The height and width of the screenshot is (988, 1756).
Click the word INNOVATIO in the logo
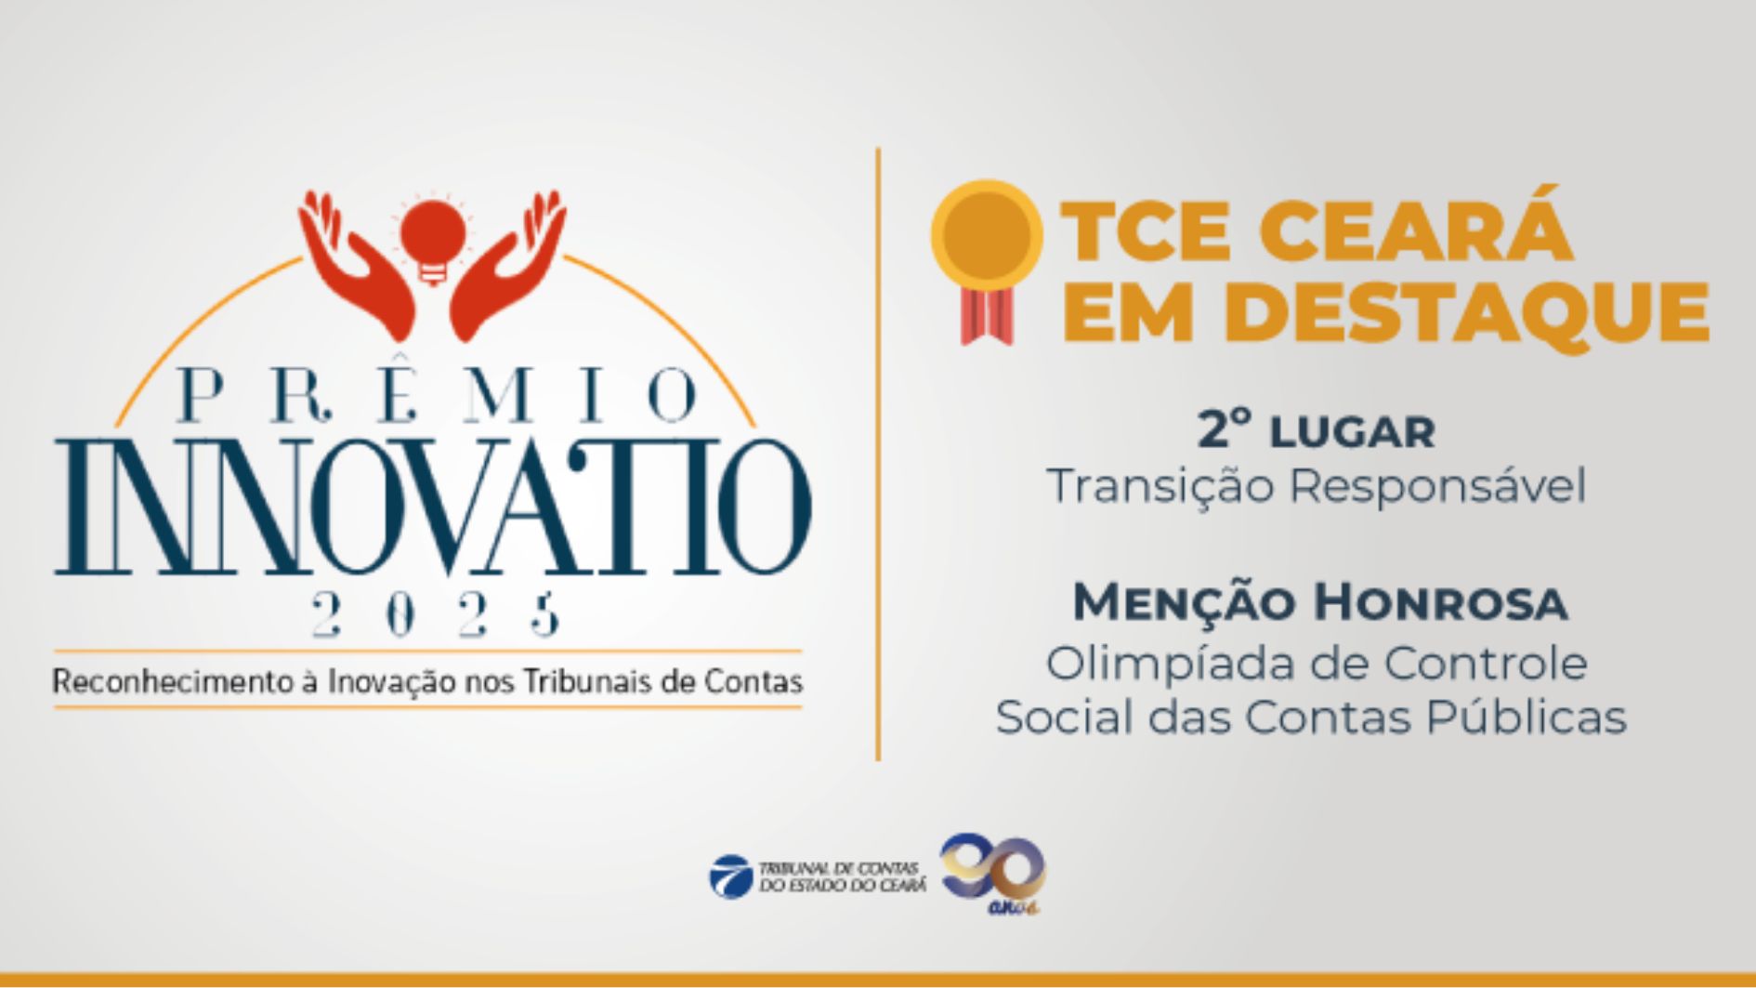point(433,507)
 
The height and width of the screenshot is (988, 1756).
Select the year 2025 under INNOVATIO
point(436,614)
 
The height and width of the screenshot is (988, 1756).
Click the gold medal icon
point(987,234)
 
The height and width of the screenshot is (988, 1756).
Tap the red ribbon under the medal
point(987,316)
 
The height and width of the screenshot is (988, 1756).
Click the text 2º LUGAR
point(1316,431)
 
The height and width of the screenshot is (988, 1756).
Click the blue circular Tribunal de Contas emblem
point(730,876)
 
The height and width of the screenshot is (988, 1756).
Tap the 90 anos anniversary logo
point(992,873)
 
